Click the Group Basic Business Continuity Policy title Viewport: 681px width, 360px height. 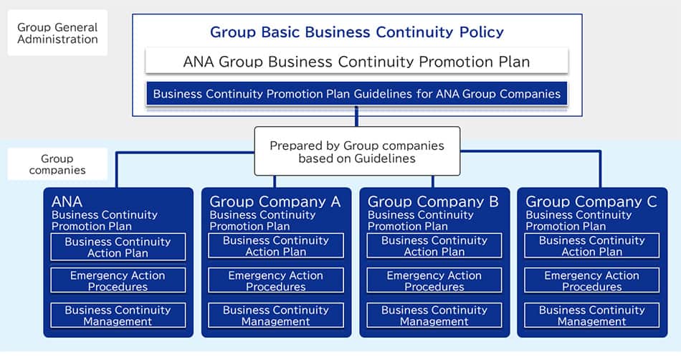click(356, 32)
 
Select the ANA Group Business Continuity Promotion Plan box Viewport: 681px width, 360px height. click(356, 61)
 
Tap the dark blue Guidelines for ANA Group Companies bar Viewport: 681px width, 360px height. click(356, 94)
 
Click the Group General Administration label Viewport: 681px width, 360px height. click(57, 33)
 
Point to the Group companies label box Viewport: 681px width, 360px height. click(57, 164)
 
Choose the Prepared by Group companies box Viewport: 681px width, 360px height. click(357, 151)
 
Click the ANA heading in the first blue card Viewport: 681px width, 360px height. click(67, 202)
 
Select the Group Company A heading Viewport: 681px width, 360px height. click(275, 202)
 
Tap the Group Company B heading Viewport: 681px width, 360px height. click(433, 202)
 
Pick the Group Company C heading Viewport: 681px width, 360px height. click(591, 202)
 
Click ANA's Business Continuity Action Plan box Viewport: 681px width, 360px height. click(118, 247)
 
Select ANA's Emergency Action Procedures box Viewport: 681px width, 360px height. click(118, 280)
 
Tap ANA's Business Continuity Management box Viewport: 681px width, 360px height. click(118, 316)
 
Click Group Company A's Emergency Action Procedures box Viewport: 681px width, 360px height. click(276, 280)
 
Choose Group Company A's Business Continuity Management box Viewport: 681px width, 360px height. click(276, 316)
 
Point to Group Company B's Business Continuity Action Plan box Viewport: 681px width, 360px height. click(434, 246)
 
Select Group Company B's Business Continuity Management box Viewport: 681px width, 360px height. click(434, 316)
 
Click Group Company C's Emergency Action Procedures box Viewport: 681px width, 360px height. click(592, 280)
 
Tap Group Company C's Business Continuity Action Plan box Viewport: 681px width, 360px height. click(592, 246)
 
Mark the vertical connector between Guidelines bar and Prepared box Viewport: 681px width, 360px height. click(356, 116)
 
